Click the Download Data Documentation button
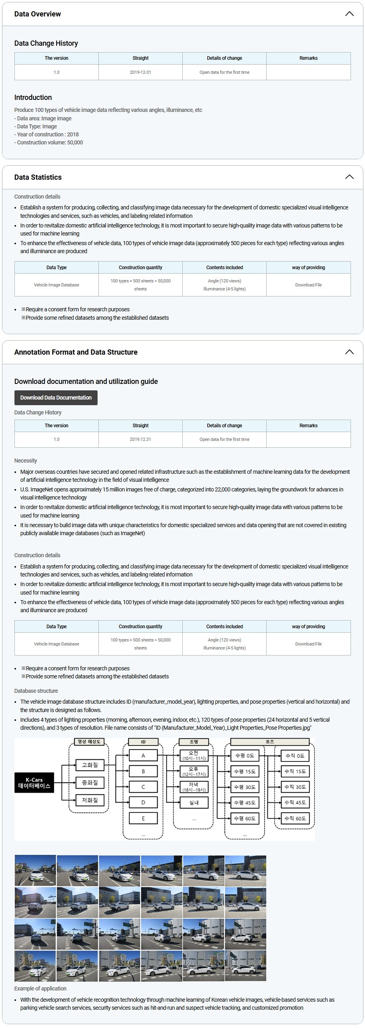[x=56, y=398]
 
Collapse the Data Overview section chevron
[x=349, y=14]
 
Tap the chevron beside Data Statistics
[x=349, y=177]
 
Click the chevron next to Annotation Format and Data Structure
[x=349, y=352]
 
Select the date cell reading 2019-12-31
[x=141, y=72]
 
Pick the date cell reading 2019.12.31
[x=141, y=439]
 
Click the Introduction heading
[x=33, y=97]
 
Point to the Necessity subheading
[x=26, y=461]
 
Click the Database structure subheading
[x=36, y=691]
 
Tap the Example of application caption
[x=40, y=988]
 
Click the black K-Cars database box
[x=34, y=782]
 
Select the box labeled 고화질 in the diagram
[x=90, y=765]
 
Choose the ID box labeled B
[x=143, y=771]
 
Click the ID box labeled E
[x=143, y=818]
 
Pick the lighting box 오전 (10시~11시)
[x=194, y=755]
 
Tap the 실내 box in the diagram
[x=194, y=803]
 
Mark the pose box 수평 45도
[x=245, y=803]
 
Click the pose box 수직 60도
[x=295, y=818]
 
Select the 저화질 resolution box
[x=90, y=800]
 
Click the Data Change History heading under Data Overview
[x=46, y=43]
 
